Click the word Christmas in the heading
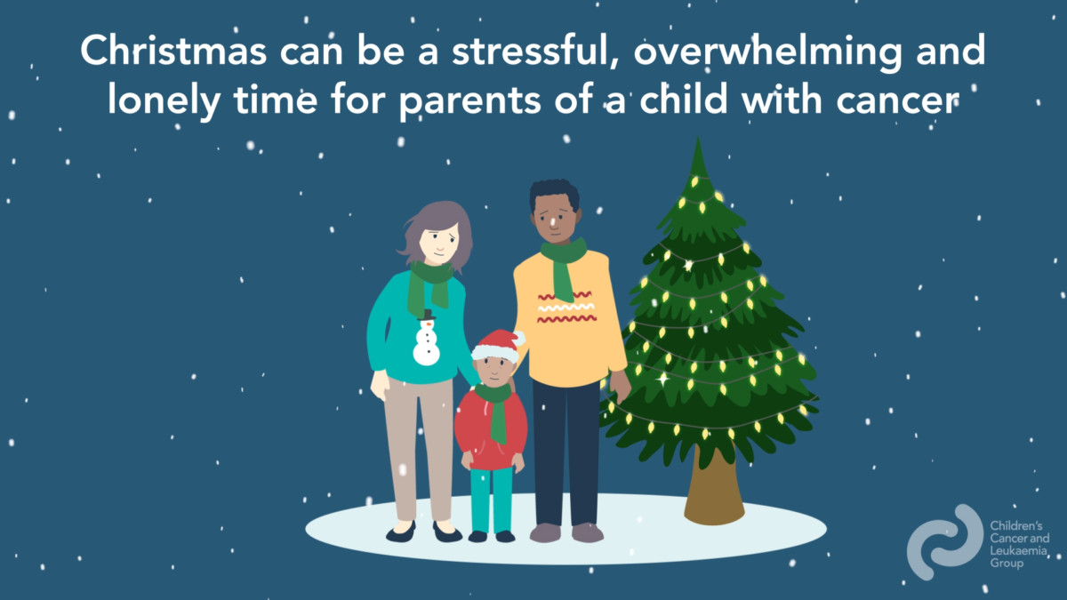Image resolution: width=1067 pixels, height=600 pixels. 172,50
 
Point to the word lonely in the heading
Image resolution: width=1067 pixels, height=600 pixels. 164,101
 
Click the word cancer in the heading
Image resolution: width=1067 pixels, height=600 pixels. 897,102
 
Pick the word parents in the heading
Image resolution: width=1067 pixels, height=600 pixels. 469,103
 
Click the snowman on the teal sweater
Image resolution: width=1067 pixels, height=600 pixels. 426,338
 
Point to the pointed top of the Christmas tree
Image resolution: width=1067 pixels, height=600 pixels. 698,139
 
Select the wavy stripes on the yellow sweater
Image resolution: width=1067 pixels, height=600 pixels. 566,308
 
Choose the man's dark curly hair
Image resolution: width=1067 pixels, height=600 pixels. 555,193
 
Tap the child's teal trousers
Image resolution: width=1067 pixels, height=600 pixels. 492,500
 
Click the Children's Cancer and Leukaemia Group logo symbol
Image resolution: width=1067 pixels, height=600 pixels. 945,542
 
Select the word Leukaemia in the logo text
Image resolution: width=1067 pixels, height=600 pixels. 1018,551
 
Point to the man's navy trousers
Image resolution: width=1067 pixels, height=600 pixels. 566,452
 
